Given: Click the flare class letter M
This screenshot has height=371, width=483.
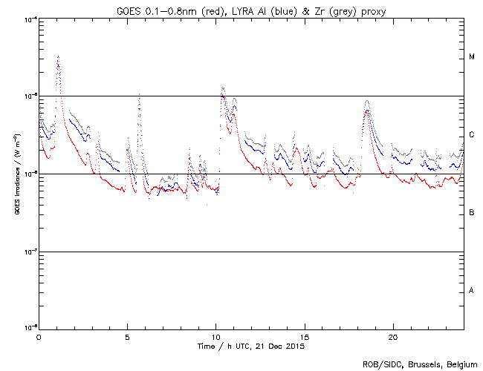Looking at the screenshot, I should coord(472,57).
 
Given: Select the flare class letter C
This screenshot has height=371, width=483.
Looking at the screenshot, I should coord(472,135).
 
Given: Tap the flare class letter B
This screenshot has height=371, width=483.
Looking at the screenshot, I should coord(472,213).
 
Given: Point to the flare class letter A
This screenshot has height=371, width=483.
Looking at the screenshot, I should coord(472,290).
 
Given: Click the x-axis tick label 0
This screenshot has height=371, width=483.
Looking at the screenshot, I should coord(39,336).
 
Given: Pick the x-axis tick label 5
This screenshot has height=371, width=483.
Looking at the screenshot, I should coord(127,336).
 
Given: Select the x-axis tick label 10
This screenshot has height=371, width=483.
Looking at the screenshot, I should coord(215,336).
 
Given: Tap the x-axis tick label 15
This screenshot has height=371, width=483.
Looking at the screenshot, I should coord(304,336).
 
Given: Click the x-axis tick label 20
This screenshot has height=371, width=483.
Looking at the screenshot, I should coord(392,336).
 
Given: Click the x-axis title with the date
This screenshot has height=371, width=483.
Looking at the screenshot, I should coord(250,346).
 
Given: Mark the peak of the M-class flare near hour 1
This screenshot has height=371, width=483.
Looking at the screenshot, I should coord(58,56).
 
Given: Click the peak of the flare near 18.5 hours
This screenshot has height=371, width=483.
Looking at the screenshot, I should coord(366,100).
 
